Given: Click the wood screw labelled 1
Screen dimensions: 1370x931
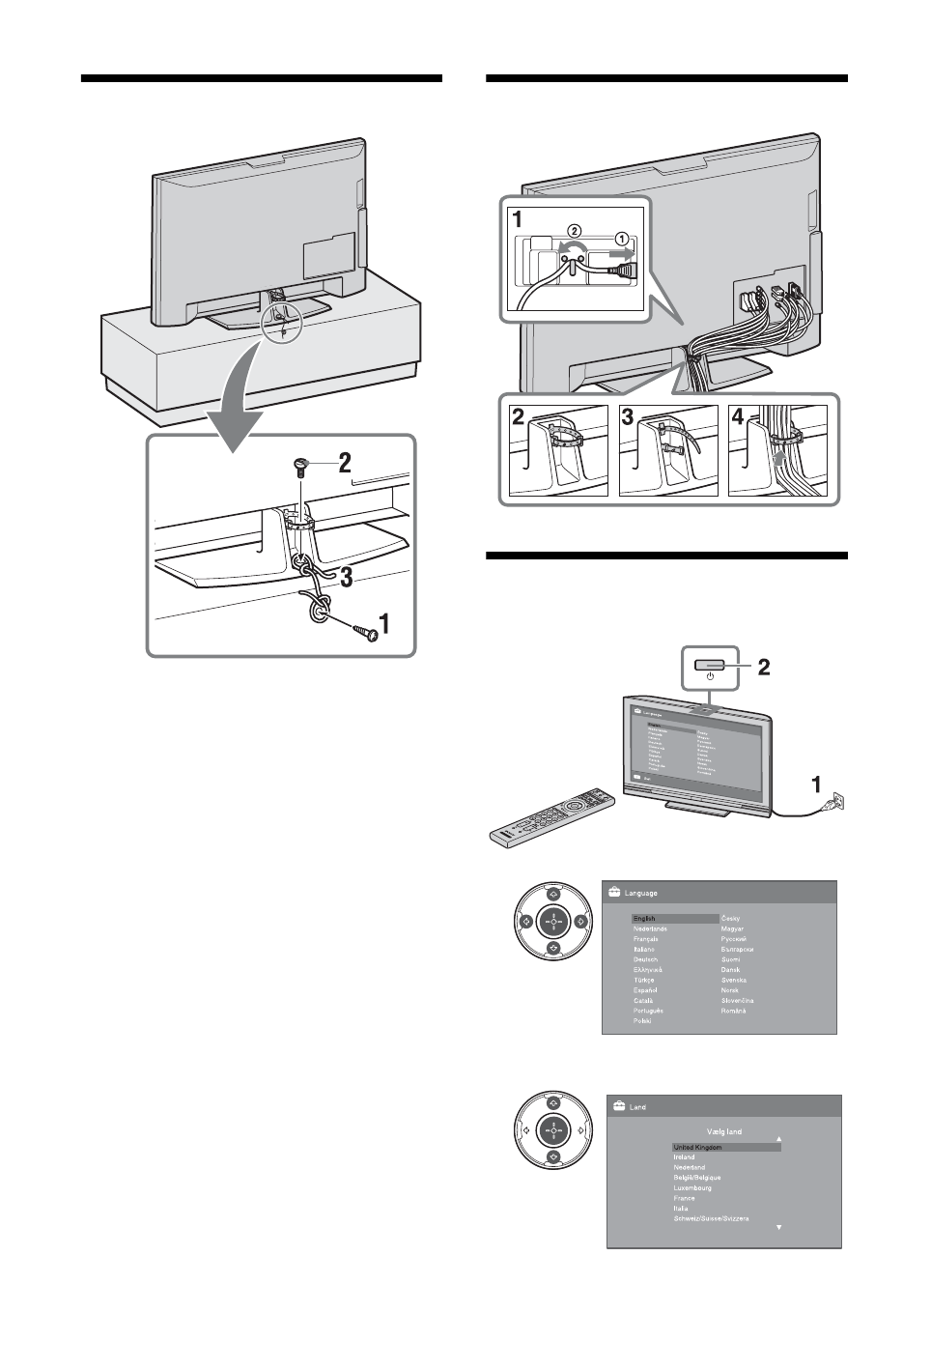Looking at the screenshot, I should click(364, 631).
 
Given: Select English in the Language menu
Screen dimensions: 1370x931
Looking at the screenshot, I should click(644, 918).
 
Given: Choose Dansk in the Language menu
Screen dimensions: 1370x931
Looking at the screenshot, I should click(731, 969).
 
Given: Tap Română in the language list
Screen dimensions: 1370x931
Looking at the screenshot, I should click(734, 1011).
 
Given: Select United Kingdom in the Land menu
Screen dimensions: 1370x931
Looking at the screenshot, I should click(697, 1148).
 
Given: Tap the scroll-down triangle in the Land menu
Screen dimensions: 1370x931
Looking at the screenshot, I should click(778, 1227).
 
